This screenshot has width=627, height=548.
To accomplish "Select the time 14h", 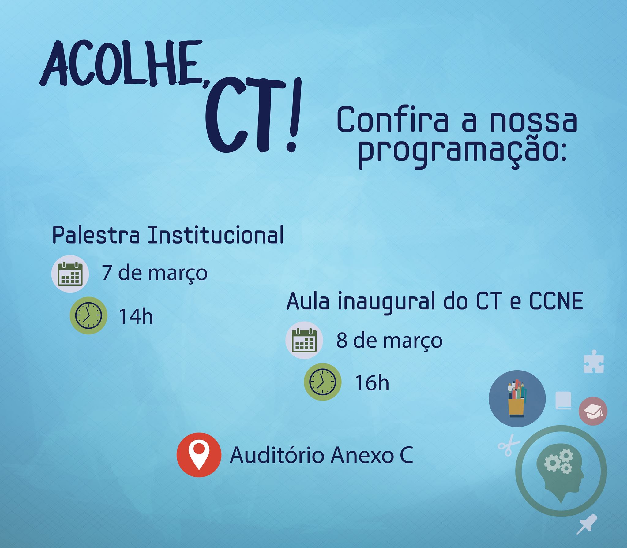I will point(136,316).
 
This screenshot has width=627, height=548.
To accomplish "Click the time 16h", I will point(372,383).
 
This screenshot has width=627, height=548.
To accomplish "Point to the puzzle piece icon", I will point(593,361).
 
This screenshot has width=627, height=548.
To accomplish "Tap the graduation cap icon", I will point(593,411).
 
